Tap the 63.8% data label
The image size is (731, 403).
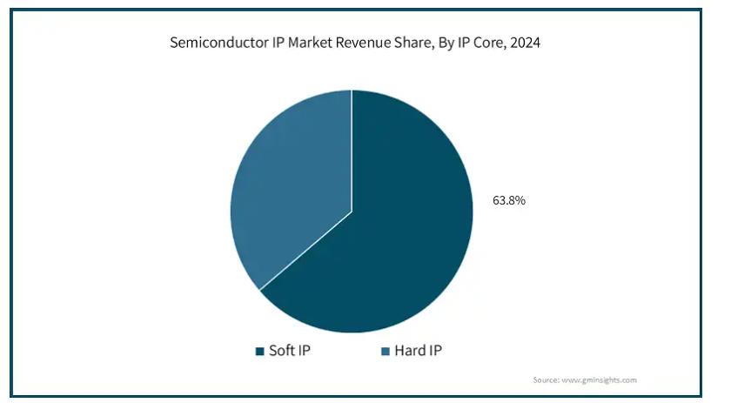point(509,200)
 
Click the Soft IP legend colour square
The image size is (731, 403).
point(259,352)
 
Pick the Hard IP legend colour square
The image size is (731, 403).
point(386,352)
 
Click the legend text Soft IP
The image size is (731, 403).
point(291,351)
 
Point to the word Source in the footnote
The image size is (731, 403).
point(547,380)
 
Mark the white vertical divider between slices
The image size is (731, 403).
point(352,148)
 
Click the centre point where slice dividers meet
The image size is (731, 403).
point(352,211)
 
